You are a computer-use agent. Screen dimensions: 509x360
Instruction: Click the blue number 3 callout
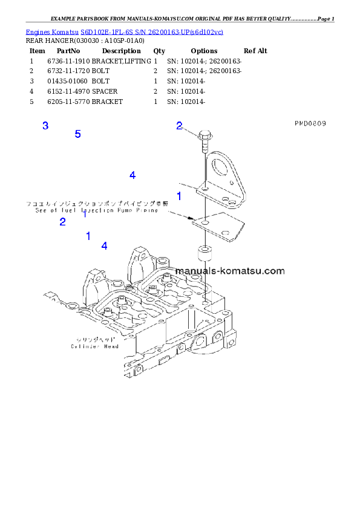click(x=45, y=126)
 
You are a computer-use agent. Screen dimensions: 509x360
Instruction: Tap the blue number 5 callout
click(x=77, y=134)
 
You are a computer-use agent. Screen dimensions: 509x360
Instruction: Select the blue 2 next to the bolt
click(x=179, y=126)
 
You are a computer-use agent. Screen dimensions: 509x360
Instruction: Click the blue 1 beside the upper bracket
click(x=179, y=196)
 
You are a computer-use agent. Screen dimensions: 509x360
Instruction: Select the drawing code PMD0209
click(x=310, y=123)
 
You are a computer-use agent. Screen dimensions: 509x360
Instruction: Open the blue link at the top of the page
click(x=124, y=31)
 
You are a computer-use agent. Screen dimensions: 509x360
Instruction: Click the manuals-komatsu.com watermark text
click(x=231, y=271)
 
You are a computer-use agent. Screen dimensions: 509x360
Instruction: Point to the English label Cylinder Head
click(x=94, y=346)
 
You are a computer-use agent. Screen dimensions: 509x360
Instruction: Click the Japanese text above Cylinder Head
click(x=94, y=340)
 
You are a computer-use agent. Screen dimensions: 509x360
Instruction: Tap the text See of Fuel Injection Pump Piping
click(x=96, y=211)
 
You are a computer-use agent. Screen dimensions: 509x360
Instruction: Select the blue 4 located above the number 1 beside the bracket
click(x=132, y=175)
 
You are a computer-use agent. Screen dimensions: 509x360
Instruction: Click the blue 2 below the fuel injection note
click(x=62, y=222)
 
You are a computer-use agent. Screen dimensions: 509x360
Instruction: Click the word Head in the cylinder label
click(x=110, y=346)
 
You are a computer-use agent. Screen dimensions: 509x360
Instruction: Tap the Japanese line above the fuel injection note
click(x=97, y=204)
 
